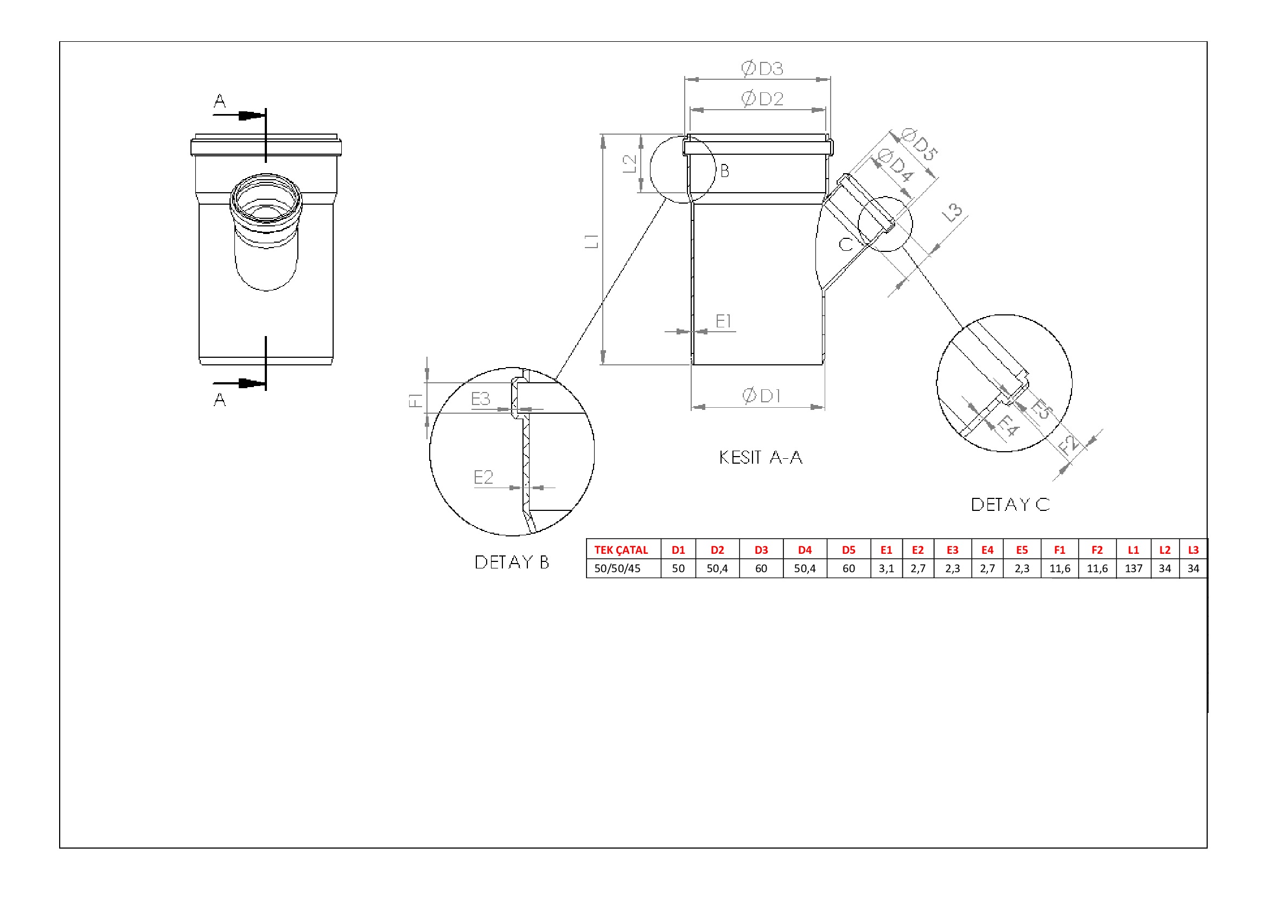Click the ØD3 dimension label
point(762,68)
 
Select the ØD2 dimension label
point(762,99)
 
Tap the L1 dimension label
point(592,241)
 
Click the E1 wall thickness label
point(724,321)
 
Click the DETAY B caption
point(512,562)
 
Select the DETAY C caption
point(1010,504)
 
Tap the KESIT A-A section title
point(761,457)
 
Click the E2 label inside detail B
point(483,477)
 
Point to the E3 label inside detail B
point(481,399)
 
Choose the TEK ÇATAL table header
point(621,550)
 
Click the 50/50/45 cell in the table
point(617,568)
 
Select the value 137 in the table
point(1133,568)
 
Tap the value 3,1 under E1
point(887,568)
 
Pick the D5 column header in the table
point(849,550)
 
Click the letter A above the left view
point(219,101)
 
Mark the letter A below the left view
point(219,399)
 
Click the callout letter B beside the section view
point(725,171)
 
